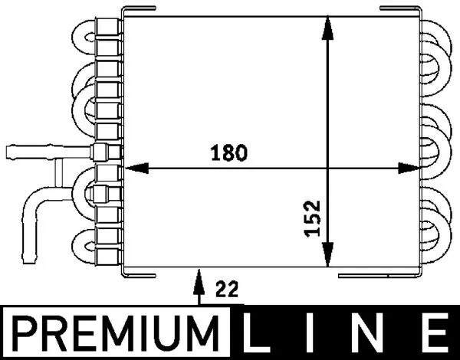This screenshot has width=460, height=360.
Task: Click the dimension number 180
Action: click(229, 152)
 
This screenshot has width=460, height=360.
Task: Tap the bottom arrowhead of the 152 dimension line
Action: click(328, 253)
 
